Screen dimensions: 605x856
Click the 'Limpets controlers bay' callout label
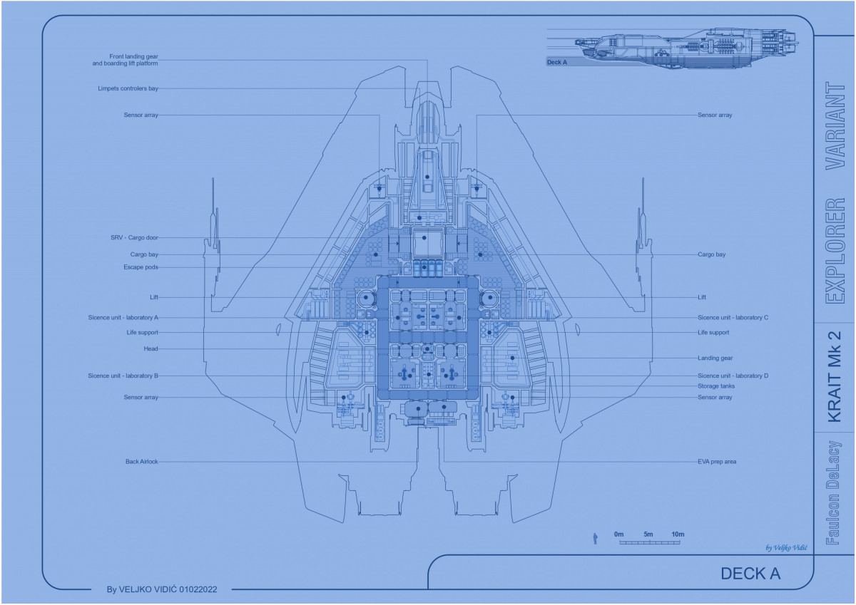coord(128,88)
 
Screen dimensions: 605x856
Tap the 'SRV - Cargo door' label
coord(134,237)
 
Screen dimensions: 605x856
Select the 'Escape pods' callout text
coord(141,267)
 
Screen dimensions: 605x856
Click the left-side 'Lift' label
coord(153,297)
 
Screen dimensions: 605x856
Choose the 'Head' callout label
coord(151,348)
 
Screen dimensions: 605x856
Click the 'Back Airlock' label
coord(141,462)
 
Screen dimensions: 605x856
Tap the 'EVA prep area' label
coord(717,462)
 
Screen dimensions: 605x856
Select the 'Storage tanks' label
coord(716,386)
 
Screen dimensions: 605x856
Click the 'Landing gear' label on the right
coord(715,358)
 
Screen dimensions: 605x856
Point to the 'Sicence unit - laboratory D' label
coord(733,376)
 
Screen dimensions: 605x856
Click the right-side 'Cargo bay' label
coord(711,254)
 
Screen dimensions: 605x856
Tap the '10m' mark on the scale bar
coord(678,534)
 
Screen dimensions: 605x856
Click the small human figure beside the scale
coord(594,539)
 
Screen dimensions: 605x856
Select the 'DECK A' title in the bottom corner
coord(750,574)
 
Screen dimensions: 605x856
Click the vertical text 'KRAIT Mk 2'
coord(834,376)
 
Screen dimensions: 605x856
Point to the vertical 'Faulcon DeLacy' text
coord(833,492)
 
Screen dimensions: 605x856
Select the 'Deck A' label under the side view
coord(556,63)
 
